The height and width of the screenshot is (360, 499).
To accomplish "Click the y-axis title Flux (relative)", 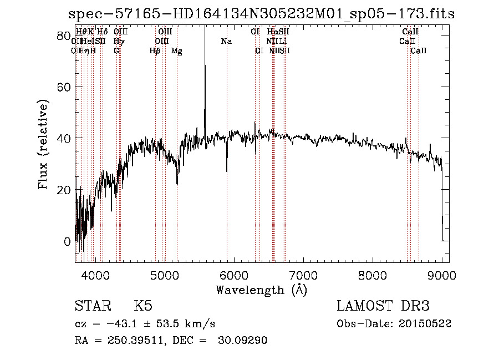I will coord(43,144).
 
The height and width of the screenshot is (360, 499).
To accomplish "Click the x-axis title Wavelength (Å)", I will coord(261,290).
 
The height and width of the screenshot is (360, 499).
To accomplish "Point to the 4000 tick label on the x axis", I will coord(95,275).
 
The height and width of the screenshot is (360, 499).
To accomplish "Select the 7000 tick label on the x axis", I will coord(303,275).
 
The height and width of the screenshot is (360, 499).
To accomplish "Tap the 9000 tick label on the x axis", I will coord(442,275).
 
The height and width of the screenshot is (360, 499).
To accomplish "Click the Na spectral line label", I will coord(226,42).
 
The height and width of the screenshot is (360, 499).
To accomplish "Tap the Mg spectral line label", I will coord(176,51).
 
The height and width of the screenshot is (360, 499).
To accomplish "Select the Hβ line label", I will coord(155,51).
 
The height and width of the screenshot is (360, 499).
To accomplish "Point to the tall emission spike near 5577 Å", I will coord(205,67).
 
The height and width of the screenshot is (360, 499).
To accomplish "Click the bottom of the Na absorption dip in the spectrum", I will coord(227,171).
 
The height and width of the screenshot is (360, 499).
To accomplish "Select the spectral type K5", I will coord(143,306).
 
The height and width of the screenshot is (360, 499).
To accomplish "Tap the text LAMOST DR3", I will coord(383,306).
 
